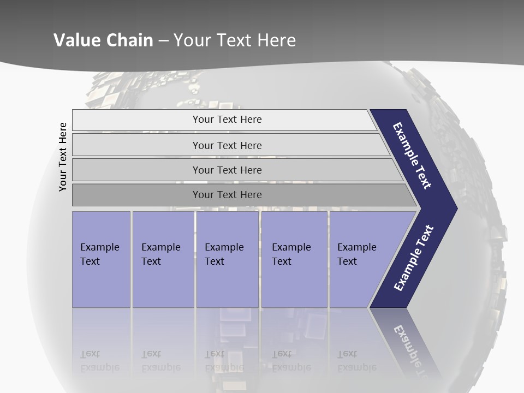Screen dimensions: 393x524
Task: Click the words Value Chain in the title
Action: pos(103,40)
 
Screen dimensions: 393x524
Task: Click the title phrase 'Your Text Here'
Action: pos(235,40)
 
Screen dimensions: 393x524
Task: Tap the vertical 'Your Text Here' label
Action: pos(63,157)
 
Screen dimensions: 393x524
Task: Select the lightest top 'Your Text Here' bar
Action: pos(227,120)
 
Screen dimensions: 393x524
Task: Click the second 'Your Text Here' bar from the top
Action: pos(227,145)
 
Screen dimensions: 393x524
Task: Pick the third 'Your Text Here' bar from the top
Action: pos(227,170)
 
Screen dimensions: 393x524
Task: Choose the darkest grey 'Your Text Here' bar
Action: pos(227,194)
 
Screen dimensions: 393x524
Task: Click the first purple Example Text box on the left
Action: pos(101,259)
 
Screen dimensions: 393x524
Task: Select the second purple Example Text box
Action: pos(163,259)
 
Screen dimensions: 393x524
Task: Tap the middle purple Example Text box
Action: pos(227,259)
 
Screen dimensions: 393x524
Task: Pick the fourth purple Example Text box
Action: pos(294,259)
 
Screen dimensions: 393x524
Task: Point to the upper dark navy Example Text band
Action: pos(413,156)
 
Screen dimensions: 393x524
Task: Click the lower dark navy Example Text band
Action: pos(414,258)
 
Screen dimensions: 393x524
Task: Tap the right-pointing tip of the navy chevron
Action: pos(455,208)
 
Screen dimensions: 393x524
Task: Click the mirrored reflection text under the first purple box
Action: pos(100,361)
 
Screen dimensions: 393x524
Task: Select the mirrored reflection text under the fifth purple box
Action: pos(357,361)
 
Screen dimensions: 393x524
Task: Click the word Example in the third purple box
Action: pos(224,247)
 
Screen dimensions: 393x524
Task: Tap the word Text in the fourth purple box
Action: pos(282,261)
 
